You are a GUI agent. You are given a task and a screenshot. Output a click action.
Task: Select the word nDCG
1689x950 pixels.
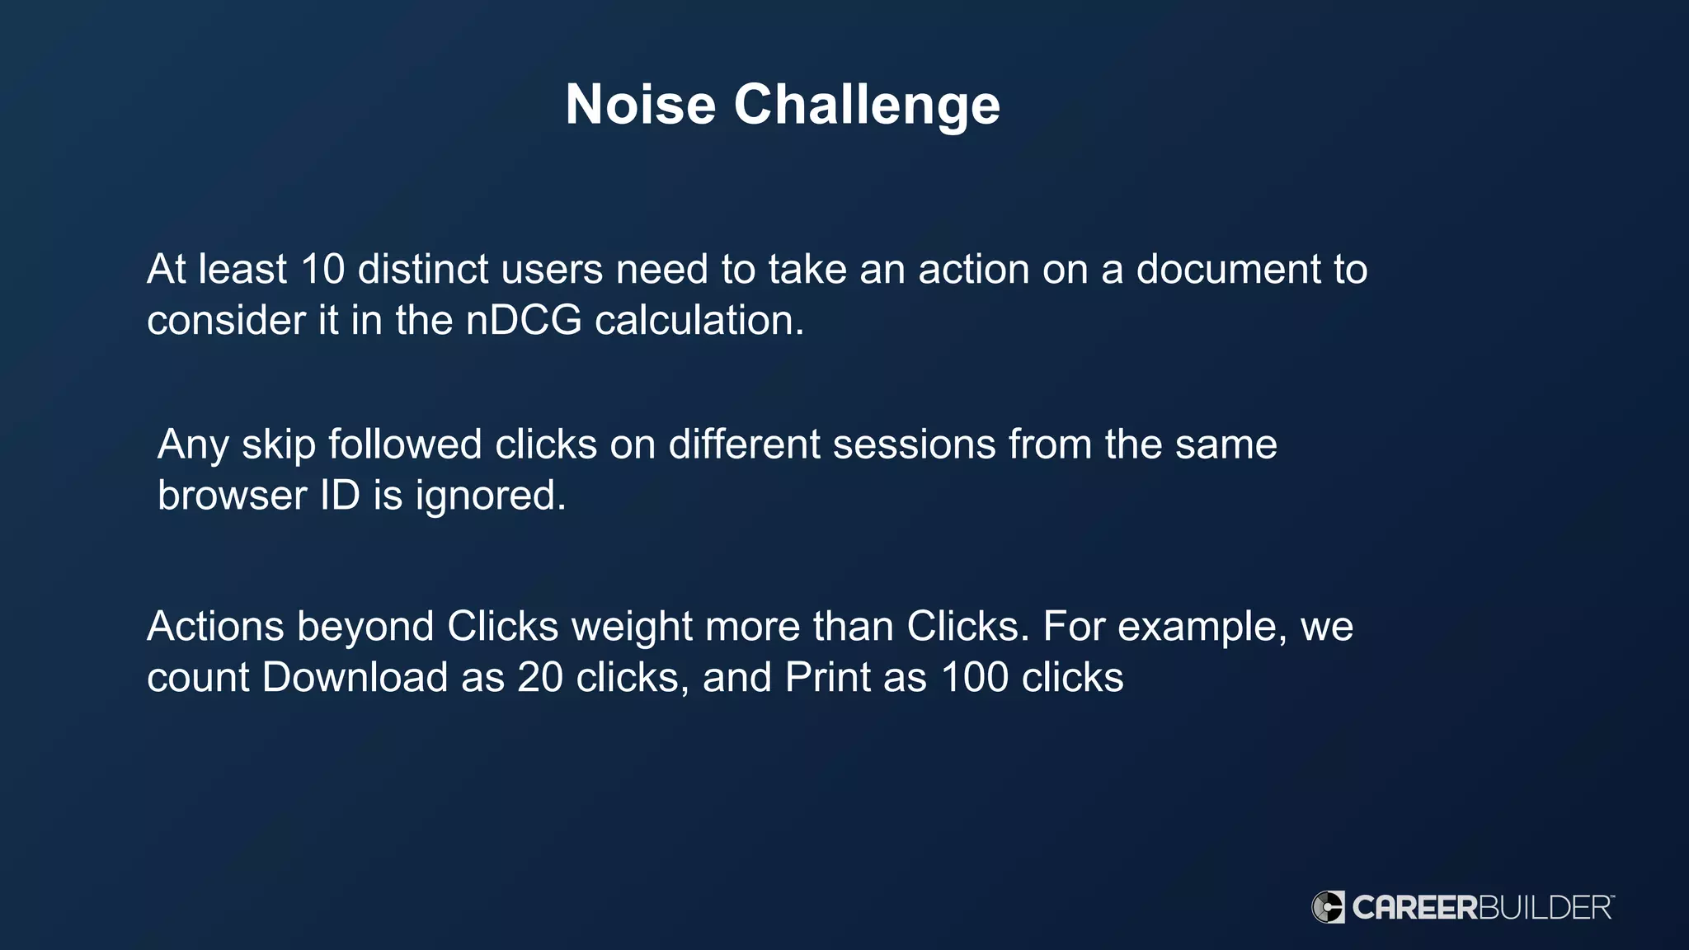(x=524, y=321)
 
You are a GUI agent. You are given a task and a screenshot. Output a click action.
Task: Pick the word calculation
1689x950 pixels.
(x=699, y=321)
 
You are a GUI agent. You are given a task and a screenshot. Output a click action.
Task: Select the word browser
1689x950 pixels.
(x=232, y=496)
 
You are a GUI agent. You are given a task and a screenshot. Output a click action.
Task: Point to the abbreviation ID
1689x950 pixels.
(x=340, y=496)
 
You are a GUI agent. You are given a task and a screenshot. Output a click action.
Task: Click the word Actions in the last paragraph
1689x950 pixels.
(x=215, y=627)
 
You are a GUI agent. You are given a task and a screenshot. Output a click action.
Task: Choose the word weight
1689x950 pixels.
(x=632, y=627)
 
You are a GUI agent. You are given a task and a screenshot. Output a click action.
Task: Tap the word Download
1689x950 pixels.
(x=355, y=678)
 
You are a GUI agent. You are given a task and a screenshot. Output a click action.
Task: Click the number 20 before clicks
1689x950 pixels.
(x=539, y=678)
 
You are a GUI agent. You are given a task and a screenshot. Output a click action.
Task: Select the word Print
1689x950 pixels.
(x=827, y=678)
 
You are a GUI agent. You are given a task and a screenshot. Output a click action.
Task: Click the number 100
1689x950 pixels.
(x=974, y=678)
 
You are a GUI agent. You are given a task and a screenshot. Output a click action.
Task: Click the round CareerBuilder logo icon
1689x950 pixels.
(x=1328, y=907)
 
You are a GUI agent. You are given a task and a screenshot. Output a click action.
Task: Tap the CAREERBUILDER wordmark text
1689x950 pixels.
(x=1482, y=908)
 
